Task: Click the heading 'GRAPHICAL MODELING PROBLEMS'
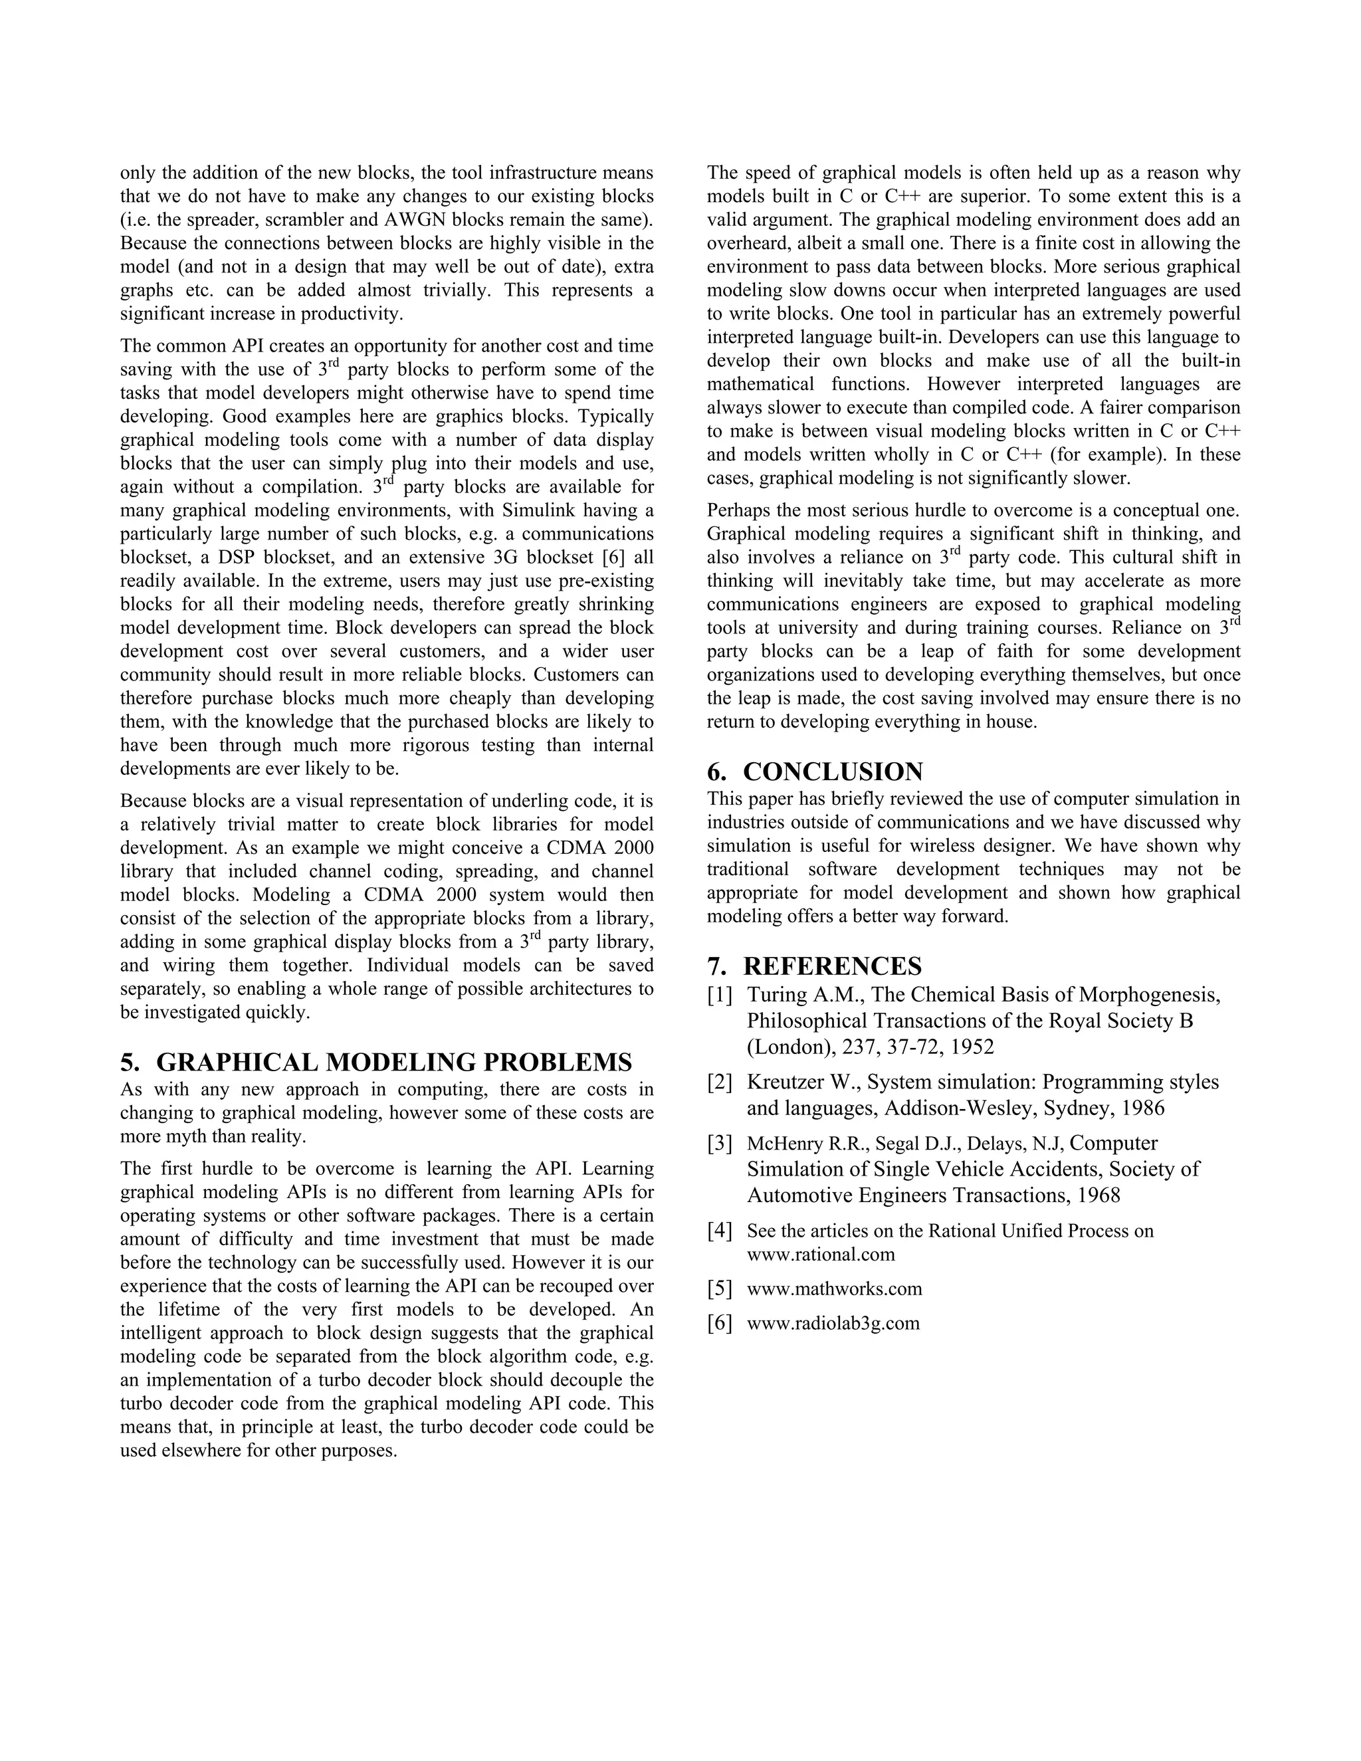pos(393,1062)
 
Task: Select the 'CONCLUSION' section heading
pos(832,772)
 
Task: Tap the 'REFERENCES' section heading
pos(832,966)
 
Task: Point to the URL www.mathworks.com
pos(835,1289)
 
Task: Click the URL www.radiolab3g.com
pos(833,1323)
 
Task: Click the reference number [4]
pos(720,1231)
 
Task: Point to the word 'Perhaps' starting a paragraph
pos(734,510)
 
